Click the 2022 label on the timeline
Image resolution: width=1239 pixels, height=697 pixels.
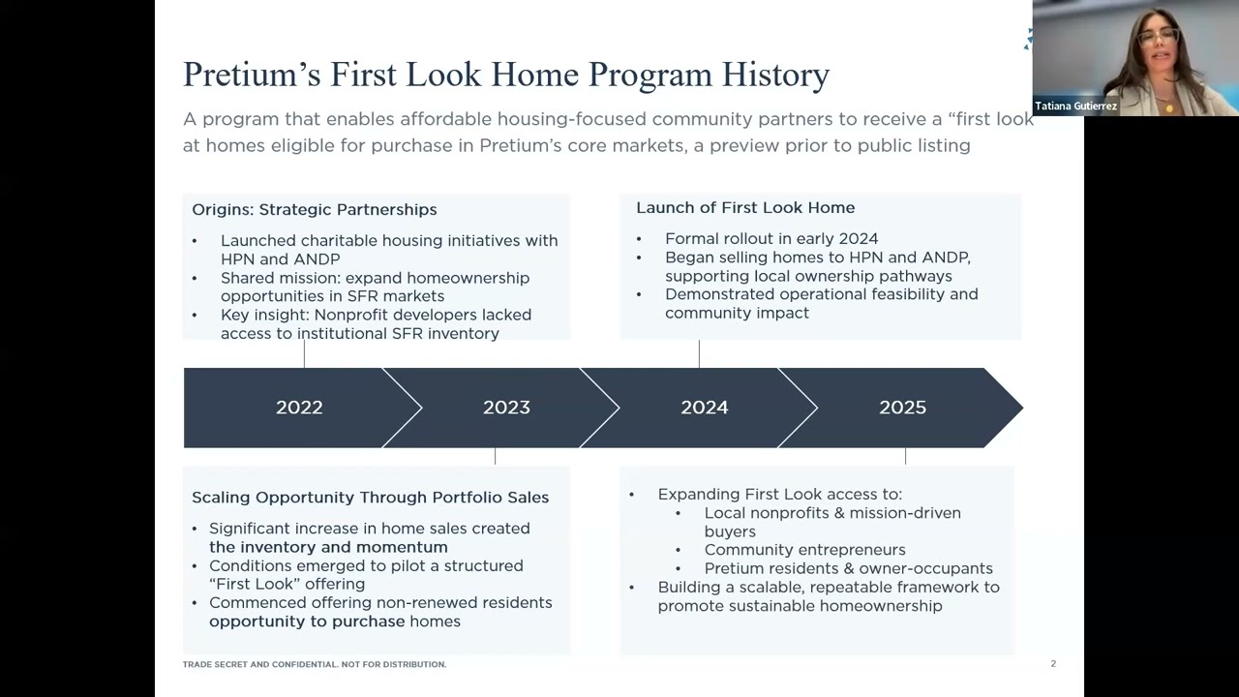tap(299, 408)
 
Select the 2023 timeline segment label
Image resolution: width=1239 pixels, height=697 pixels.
tap(506, 408)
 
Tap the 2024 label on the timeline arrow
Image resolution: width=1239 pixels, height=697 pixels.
tap(704, 408)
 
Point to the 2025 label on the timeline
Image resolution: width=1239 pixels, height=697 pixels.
tap(902, 408)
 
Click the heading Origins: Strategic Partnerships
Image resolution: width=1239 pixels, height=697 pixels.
tap(314, 209)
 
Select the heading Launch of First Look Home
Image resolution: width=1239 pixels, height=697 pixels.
tap(744, 207)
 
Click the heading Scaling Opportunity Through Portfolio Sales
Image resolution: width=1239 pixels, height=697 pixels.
tap(370, 497)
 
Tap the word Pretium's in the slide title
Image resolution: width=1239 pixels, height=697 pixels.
tap(252, 75)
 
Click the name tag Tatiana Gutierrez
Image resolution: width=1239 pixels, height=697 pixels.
tap(1075, 106)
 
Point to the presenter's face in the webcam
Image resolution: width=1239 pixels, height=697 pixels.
tap(1157, 44)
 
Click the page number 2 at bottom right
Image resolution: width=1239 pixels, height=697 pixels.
tap(1053, 664)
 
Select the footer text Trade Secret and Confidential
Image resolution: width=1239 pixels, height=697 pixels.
tap(314, 664)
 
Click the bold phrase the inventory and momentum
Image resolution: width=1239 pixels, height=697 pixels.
tap(328, 547)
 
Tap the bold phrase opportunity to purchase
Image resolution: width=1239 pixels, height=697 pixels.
tap(307, 621)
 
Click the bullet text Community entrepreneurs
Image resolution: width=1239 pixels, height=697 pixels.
tap(804, 550)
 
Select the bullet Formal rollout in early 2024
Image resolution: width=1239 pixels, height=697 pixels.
tap(771, 238)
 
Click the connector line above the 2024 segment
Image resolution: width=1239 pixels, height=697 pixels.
tap(699, 353)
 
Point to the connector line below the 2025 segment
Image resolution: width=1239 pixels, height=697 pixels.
tap(905, 456)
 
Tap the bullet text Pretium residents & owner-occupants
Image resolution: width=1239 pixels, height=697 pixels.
tap(848, 568)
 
